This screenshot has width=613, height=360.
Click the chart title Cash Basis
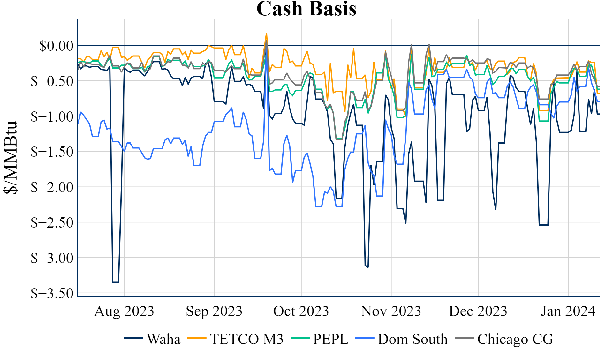pos(306,9)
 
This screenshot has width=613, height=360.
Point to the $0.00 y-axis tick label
pos(56,46)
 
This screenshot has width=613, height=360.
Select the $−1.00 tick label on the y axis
pos(52,116)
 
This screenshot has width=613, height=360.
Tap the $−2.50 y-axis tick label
pos(52,222)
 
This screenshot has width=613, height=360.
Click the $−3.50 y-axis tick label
pos(52,293)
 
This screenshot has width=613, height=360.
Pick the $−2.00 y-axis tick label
pos(52,187)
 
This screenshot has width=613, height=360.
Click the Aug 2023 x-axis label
pos(124,311)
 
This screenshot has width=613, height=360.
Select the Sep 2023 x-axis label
pos(214,311)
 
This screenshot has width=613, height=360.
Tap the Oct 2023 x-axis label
pos(301,311)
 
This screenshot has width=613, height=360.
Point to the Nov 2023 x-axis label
pos(391,311)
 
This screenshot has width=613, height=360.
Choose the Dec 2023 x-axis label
pos(478,311)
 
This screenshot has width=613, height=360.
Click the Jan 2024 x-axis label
pos(568,311)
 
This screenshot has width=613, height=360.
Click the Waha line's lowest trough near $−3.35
pos(116,282)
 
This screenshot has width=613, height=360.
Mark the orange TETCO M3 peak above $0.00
pos(266,34)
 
